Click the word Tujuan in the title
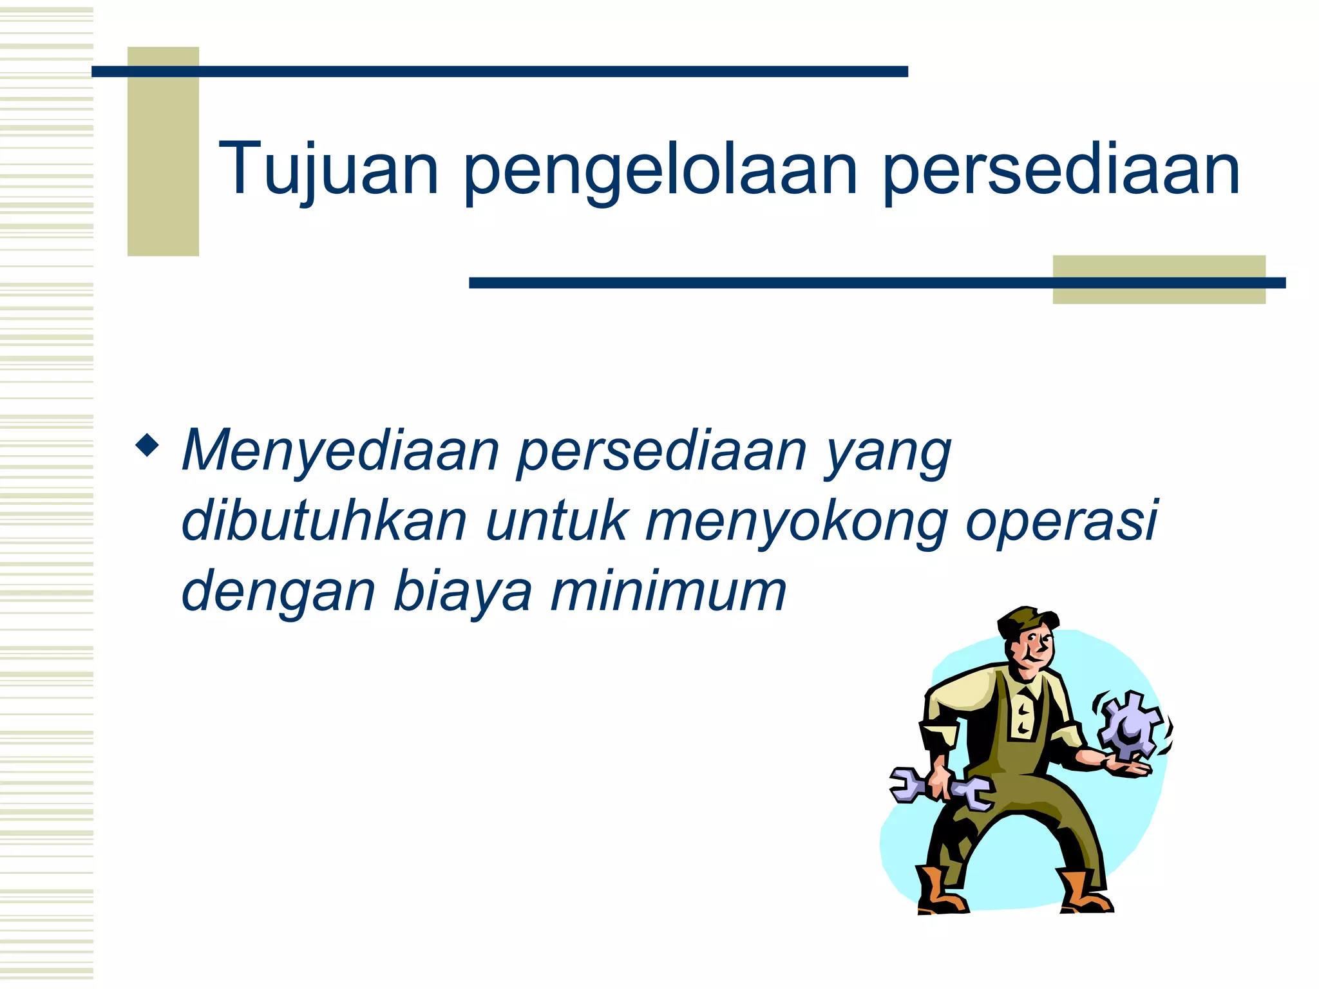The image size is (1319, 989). point(328,169)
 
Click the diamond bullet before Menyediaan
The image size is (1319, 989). point(147,445)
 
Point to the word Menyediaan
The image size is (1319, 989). point(341,451)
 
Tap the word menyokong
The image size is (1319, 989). point(796,522)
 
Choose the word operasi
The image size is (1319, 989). point(1061,522)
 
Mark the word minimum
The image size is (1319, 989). point(668,590)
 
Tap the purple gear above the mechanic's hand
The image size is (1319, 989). point(1128,724)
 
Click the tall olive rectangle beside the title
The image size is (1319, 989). point(163,151)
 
